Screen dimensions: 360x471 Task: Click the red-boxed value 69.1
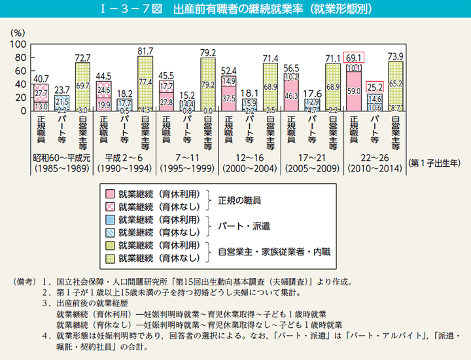tap(353, 58)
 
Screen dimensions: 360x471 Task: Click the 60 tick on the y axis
tap(20, 71)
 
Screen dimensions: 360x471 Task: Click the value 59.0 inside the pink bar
tap(353, 91)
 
